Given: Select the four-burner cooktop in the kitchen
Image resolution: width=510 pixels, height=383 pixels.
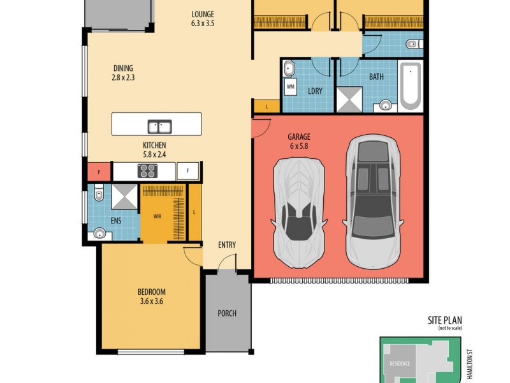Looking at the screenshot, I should point(147,170).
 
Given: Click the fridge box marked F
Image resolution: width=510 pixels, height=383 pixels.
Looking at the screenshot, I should point(187,170).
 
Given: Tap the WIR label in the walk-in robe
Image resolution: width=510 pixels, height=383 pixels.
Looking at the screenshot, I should point(156,216).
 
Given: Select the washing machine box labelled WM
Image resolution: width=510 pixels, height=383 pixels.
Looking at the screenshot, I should point(290,86).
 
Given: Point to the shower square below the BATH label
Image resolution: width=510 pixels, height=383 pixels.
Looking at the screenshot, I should point(349,100).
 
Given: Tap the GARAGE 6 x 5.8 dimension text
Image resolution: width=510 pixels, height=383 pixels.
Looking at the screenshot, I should point(298,141).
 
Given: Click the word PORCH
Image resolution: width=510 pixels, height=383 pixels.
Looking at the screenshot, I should point(227,313).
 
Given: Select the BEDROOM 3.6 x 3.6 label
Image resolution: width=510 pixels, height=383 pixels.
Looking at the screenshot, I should point(151,297).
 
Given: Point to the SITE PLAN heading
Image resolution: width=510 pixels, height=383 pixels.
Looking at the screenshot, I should point(444,321).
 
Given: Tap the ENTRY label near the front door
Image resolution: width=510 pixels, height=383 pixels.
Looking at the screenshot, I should point(226,244).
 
